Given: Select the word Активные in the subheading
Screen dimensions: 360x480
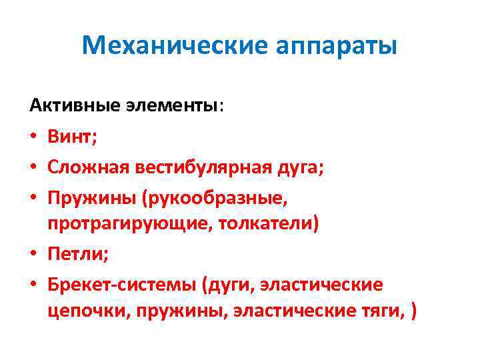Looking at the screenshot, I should [63, 105].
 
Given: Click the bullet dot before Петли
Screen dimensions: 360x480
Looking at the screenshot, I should [33, 255].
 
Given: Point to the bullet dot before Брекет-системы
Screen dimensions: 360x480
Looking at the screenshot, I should [33, 285].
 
